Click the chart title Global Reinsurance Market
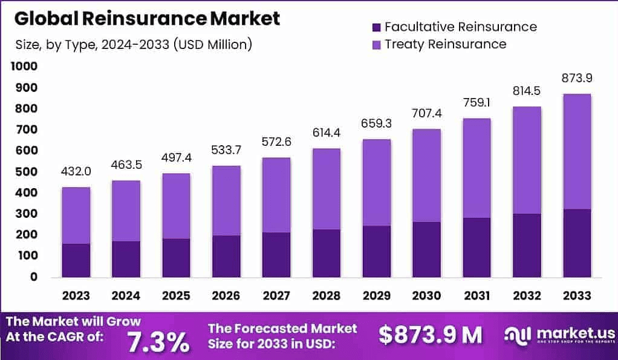pyautogui.click(x=147, y=19)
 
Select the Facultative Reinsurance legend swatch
pyautogui.click(x=376, y=27)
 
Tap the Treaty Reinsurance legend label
pyautogui.click(x=445, y=44)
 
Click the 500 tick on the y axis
pyautogui.click(x=26, y=172)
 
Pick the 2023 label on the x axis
pyautogui.click(x=76, y=295)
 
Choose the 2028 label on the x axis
pyautogui.click(x=327, y=295)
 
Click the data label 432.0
pyautogui.click(x=76, y=172)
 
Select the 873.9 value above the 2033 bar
pyautogui.click(x=576, y=79)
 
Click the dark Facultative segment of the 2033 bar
pyautogui.click(x=576, y=243)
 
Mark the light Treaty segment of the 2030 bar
pyautogui.click(x=426, y=175)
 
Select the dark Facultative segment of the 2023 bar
pyautogui.click(x=76, y=260)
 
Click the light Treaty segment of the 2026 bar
pyautogui.click(x=226, y=200)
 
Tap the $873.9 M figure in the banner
pyautogui.click(x=431, y=335)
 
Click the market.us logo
pyautogui.click(x=560, y=335)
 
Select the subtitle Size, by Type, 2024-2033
pyautogui.click(x=133, y=44)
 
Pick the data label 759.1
pyautogui.click(x=477, y=103)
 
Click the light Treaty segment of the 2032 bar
pyautogui.click(x=526, y=160)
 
